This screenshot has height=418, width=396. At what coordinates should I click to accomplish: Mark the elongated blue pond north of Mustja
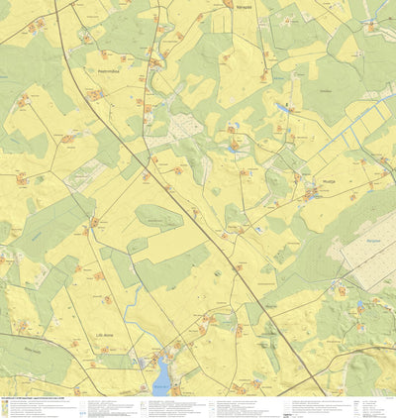[285, 106]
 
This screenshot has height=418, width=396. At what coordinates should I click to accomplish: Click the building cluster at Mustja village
[312, 194]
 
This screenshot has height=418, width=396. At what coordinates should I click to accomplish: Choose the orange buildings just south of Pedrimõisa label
[97, 94]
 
